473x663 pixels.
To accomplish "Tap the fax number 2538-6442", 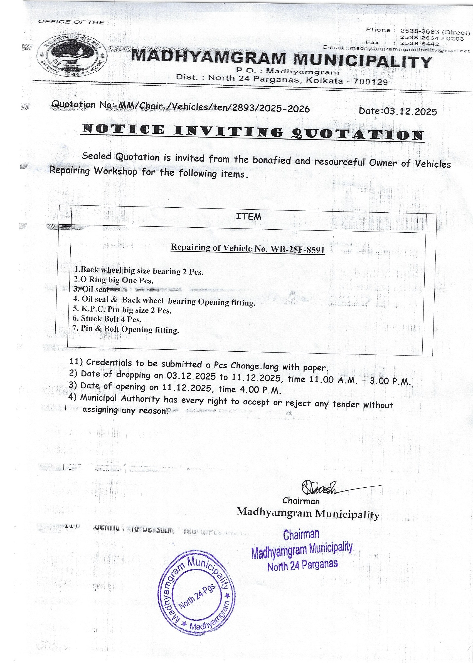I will coord(419,44).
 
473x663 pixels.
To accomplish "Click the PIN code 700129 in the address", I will coord(370,82).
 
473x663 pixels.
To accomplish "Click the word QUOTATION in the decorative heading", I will coord(357,134).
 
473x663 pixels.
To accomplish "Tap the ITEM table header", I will coord(248,217).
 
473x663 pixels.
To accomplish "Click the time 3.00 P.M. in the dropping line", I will coord(390,381).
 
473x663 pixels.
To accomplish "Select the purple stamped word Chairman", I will coord(301,534).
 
